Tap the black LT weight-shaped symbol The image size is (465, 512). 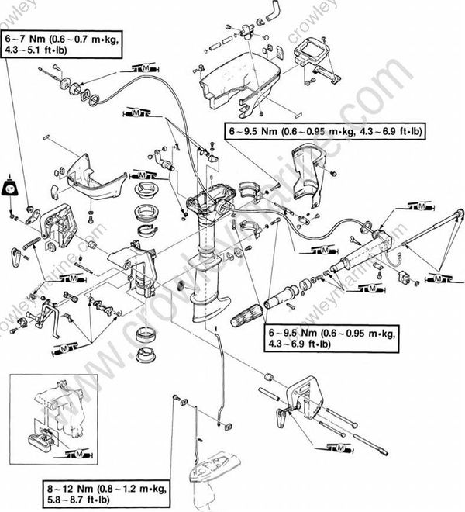click(11, 187)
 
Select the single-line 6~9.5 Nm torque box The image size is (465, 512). click(325, 132)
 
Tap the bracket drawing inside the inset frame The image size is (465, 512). click(62, 411)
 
